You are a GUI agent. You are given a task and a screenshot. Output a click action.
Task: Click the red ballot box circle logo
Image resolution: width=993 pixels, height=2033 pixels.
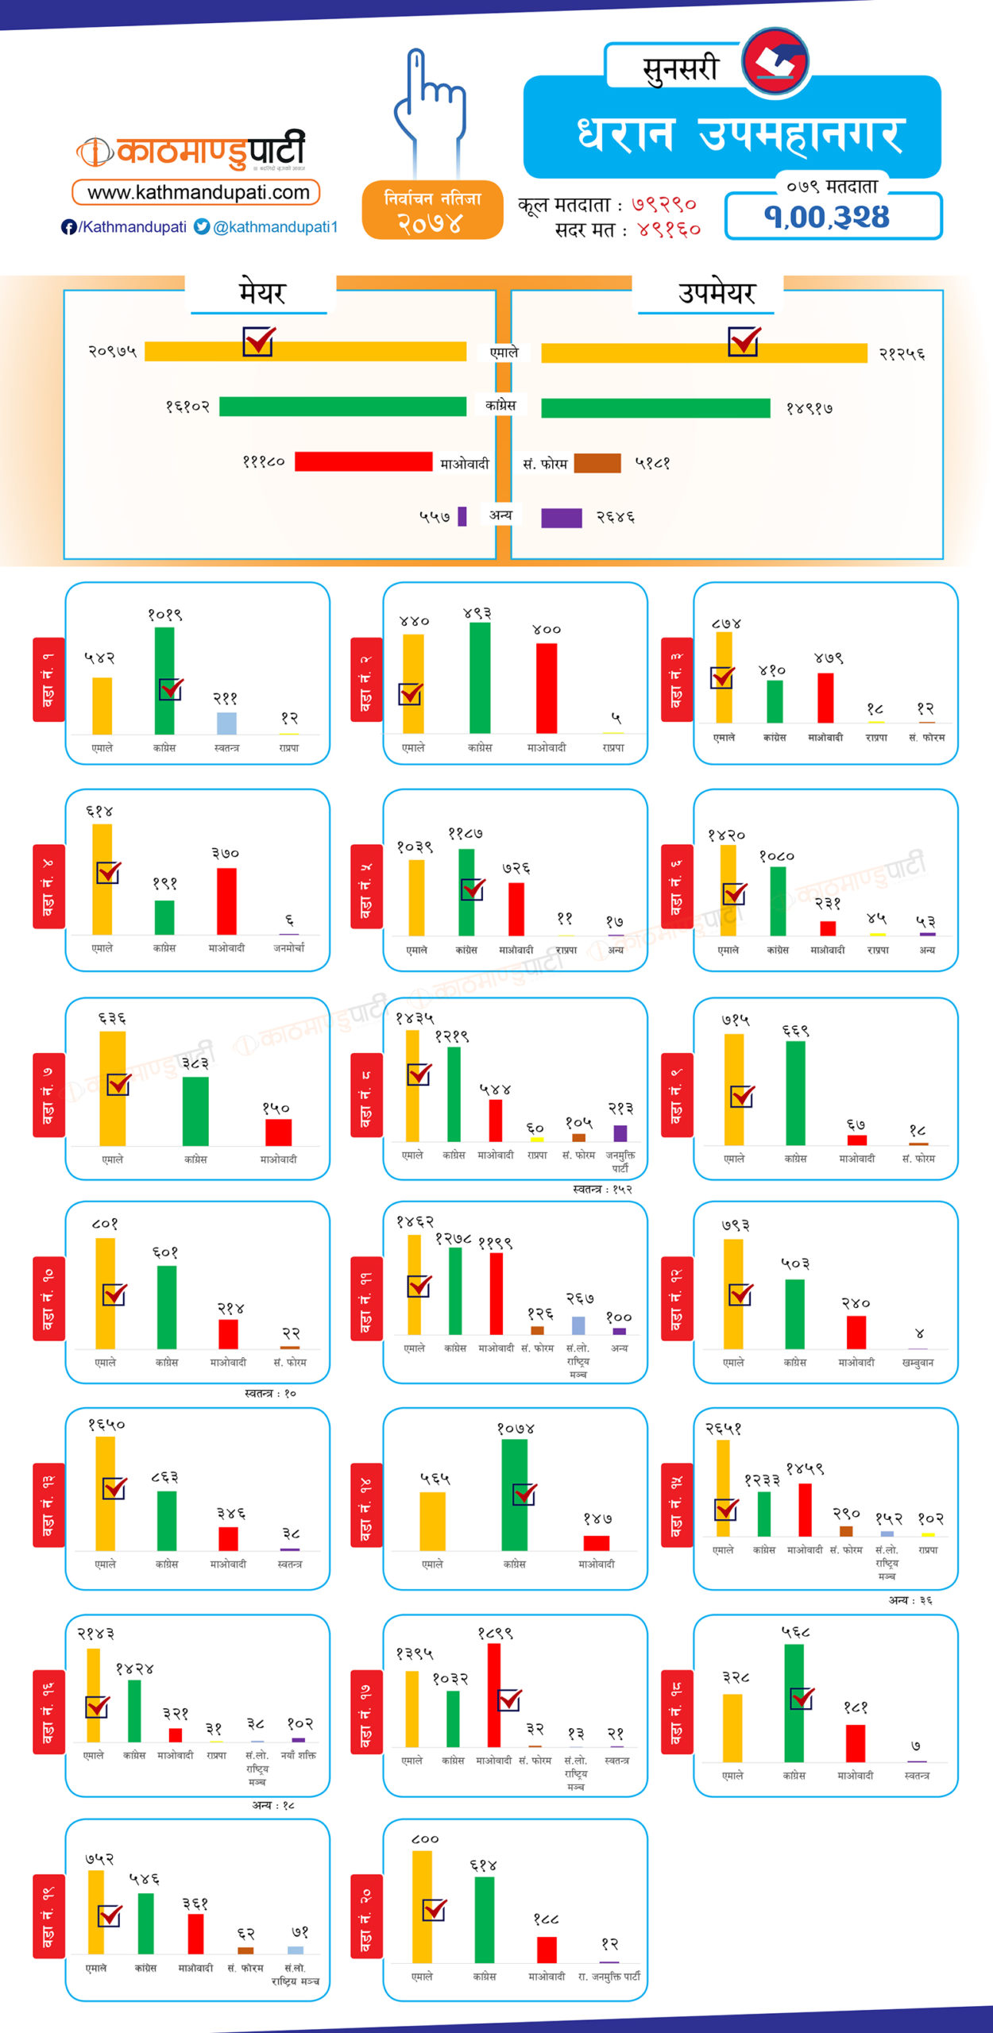coord(775,61)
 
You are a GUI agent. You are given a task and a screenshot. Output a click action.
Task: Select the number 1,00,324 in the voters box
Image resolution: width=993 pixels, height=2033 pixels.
coord(826,217)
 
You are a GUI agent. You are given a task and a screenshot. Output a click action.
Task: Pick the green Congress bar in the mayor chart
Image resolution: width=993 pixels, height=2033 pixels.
coord(342,407)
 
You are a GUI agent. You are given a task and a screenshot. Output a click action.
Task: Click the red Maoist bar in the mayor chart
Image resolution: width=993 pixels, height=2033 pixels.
coord(363,461)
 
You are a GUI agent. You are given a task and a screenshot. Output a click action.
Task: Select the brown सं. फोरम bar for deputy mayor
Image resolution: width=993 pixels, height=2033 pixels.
coord(597,463)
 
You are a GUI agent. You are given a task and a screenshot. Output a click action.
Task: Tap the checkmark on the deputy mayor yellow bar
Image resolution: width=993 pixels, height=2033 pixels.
coord(744,341)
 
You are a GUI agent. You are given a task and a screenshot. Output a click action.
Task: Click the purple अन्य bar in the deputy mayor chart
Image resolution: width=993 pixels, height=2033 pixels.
coord(561,518)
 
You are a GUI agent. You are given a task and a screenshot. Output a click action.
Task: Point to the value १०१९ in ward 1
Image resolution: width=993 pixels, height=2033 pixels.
coord(164,615)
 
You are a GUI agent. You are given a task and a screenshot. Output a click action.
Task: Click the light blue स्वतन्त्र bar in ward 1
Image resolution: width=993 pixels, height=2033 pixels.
coord(226,723)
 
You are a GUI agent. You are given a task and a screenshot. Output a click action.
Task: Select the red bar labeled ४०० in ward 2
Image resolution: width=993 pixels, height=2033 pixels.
coord(547,688)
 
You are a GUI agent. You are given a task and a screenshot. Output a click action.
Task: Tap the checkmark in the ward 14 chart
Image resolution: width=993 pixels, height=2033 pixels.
coord(524,1494)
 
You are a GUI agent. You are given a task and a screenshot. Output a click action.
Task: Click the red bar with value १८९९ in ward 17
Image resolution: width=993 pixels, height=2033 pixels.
coord(494,1695)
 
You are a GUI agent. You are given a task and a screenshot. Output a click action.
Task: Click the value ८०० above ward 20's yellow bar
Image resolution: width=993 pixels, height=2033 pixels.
coord(424,1839)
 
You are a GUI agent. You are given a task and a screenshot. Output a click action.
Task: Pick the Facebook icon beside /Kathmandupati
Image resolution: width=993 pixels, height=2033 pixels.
coord(69,227)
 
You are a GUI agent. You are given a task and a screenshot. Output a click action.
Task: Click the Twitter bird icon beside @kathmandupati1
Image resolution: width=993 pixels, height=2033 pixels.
coord(202,227)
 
